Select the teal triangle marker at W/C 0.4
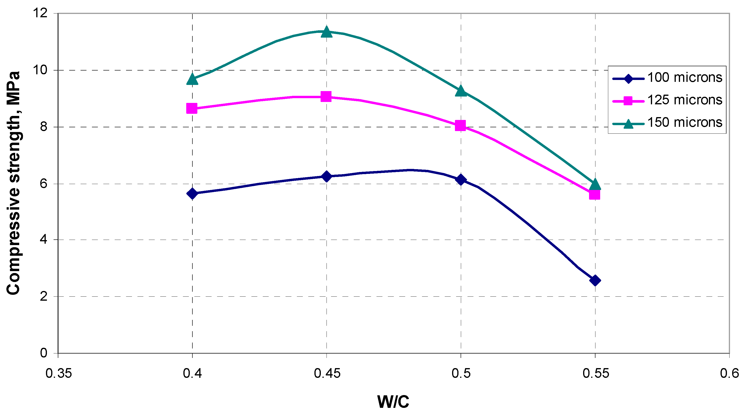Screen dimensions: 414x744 (x=192, y=79)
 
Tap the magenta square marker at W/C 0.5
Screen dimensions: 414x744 (x=460, y=126)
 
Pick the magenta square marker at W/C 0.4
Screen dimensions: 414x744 (x=192, y=108)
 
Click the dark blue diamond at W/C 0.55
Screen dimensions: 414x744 (x=595, y=280)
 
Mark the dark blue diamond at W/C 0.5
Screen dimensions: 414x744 (x=461, y=180)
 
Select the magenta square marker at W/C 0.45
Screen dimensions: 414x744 (x=326, y=97)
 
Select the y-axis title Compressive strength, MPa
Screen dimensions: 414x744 (x=13, y=183)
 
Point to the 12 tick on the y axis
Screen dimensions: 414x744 (x=40, y=13)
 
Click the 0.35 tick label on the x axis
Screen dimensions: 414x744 (x=59, y=373)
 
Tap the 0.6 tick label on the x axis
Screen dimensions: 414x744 (x=729, y=373)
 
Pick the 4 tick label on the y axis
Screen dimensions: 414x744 (x=43, y=240)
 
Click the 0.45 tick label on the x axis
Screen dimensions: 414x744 (x=327, y=373)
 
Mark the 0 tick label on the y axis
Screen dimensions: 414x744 (x=43, y=353)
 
